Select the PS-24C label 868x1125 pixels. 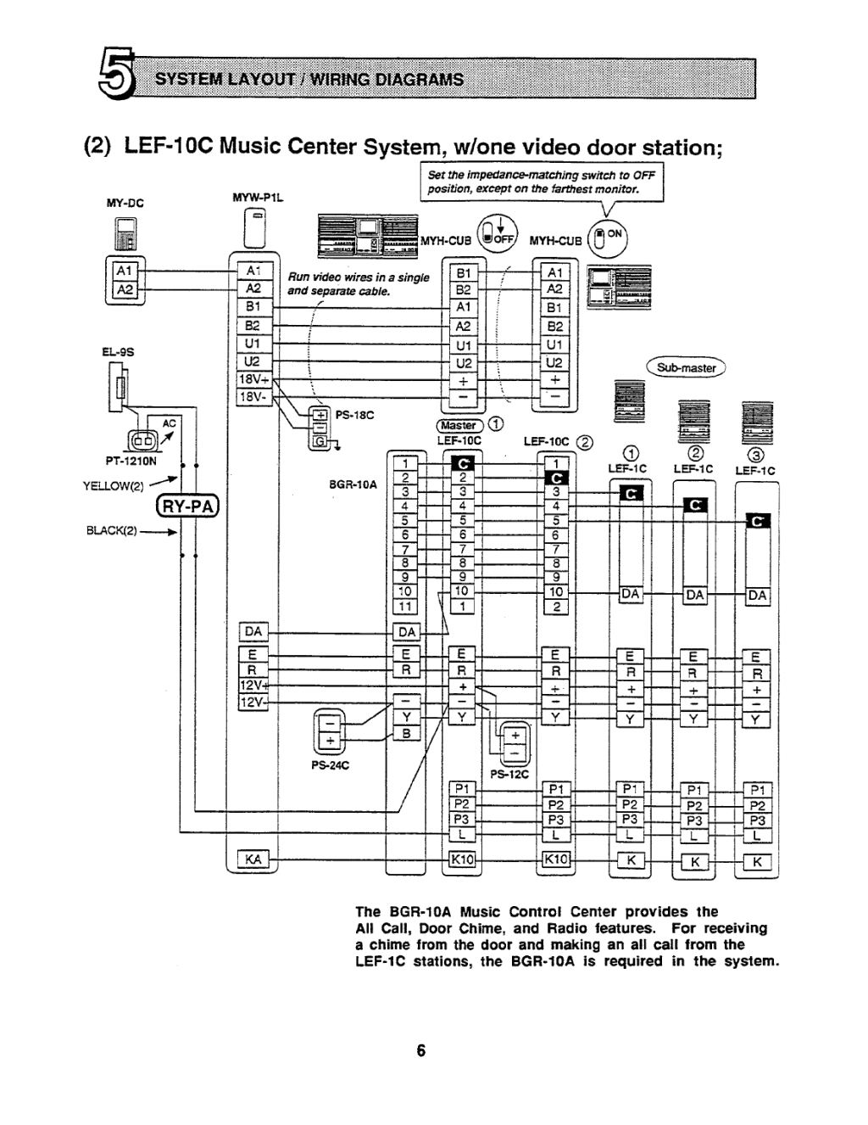coord(330,764)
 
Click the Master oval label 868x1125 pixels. coord(459,425)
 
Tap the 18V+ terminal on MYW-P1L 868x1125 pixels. coord(252,380)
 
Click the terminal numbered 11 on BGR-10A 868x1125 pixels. coord(405,607)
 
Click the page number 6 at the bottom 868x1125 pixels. coord(421,1051)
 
